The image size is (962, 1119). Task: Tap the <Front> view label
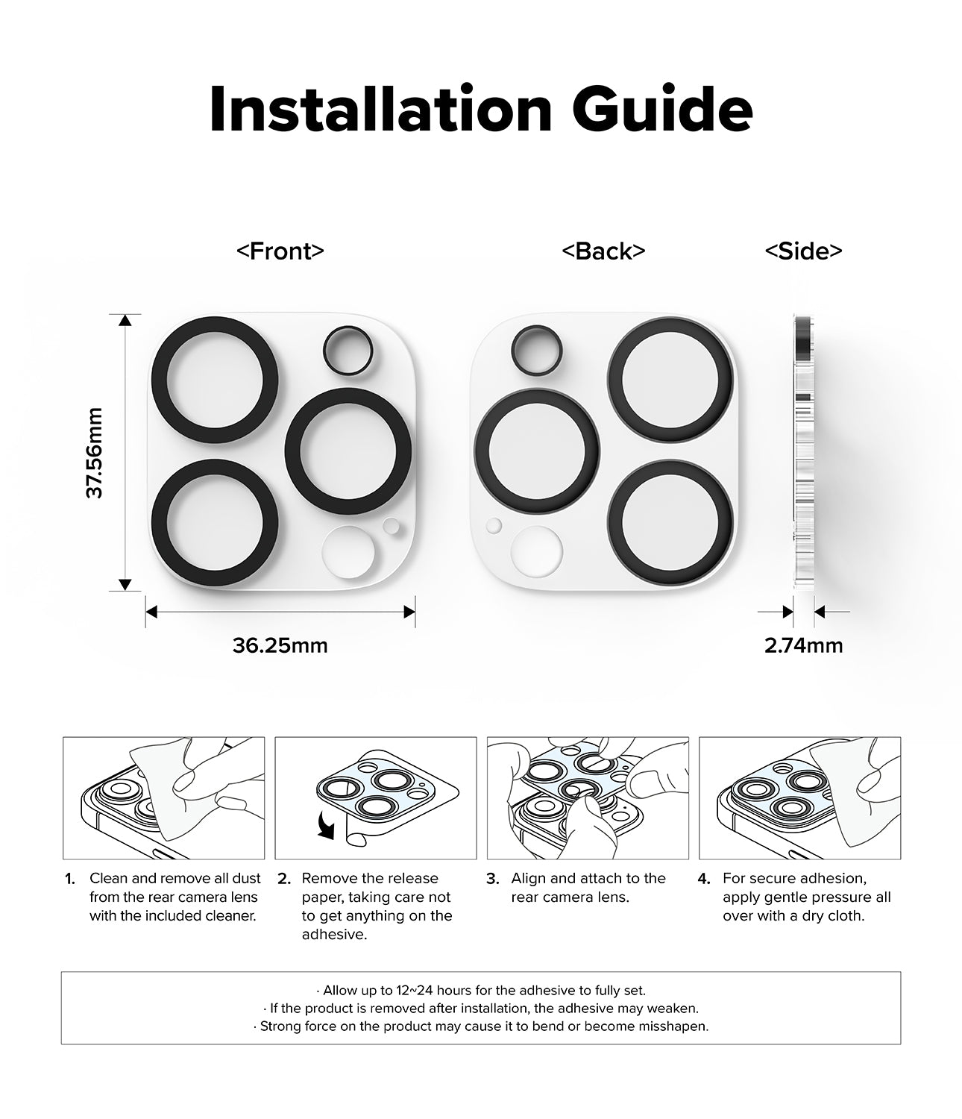pyautogui.click(x=280, y=251)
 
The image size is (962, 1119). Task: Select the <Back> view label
pyautogui.click(x=603, y=251)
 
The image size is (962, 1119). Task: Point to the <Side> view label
pyautogui.click(x=803, y=251)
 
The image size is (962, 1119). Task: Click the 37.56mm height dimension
pyautogui.click(x=95, y=453)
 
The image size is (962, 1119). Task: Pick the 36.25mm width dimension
pyautogui.click(x=280, y=645)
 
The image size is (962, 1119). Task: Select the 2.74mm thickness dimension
pyautogui.click(x=803, y=645)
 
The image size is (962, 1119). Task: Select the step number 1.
pyautogui.click(x=70, y=879)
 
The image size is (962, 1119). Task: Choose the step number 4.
pyautogui.click(x=704, y=879)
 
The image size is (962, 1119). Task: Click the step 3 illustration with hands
pyautogui.click(x=588, y=797)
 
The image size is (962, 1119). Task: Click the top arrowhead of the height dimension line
pyautogui.click(x=125, y=321)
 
